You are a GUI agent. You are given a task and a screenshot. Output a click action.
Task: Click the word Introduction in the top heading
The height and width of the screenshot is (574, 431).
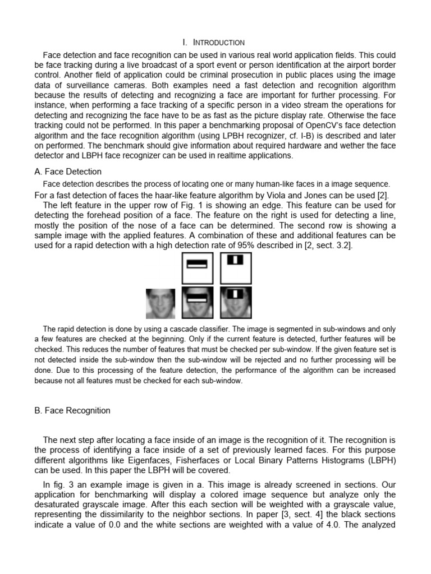point(218,43)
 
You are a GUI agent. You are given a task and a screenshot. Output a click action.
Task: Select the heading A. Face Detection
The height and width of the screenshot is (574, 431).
point(68,172)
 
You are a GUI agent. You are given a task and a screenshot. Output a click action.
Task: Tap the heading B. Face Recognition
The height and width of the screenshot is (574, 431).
point(72,410)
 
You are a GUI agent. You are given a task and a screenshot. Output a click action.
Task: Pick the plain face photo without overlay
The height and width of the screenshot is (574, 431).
point(162,303)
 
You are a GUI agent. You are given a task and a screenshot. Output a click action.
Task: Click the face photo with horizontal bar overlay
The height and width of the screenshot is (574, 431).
point(198,303)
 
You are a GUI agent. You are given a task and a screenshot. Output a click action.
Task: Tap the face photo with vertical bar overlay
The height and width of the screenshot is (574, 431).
point(236,303)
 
